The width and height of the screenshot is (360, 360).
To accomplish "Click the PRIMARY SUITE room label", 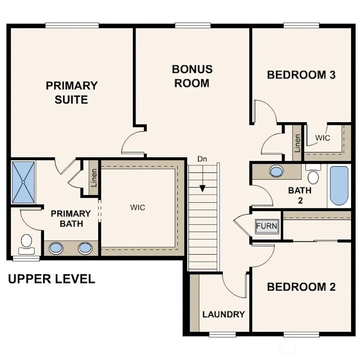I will (x=72, y=92).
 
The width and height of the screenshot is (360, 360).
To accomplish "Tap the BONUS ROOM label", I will (x=192, y=76).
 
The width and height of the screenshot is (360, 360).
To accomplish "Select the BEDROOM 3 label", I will (x=301, y=75).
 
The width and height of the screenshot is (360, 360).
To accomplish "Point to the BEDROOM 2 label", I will (x=301, y=287).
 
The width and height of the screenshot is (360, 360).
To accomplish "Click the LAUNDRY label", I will (x=224, y=315).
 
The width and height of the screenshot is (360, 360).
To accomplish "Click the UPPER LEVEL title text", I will (x=52, y=279).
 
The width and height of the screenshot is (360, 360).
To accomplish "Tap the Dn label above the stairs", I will (x=203, y=159).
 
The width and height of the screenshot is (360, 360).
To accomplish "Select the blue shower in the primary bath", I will (x=23, y=182).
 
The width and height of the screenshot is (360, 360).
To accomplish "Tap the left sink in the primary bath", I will (x=56, y=248).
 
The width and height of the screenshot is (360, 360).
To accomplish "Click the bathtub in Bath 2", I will (x=340, y=186).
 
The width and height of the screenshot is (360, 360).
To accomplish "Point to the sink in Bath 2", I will (x=276, y=171).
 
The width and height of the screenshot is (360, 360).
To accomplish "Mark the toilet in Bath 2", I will (x=313, y=175).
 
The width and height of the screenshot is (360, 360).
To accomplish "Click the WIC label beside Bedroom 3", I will (x=323, y=138).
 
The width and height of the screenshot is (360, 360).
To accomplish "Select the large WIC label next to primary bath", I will (x=137, y=208).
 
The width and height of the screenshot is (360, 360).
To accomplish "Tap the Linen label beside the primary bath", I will (x=94, y=178).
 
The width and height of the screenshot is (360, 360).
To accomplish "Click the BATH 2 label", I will (x=300, y=195).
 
